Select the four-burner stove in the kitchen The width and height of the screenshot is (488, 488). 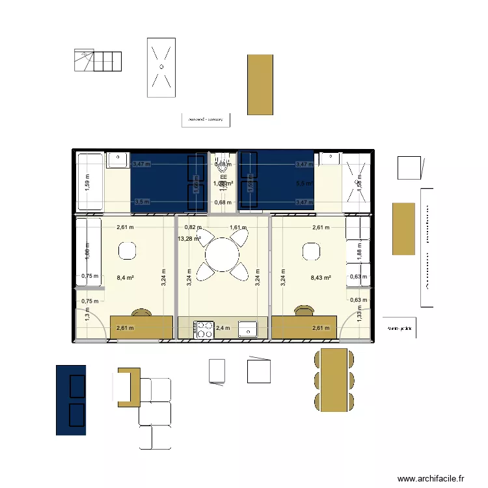205,329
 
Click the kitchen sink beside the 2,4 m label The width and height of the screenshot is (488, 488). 248,329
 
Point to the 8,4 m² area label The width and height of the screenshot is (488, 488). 125,278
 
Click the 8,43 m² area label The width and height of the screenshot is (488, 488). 321,278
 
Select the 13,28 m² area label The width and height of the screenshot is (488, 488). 189,239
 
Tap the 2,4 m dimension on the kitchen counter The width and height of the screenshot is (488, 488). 223,329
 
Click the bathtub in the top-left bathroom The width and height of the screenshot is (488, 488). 90,182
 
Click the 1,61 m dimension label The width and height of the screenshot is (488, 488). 238,228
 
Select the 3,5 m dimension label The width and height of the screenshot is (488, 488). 141,202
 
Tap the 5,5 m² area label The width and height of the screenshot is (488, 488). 304,183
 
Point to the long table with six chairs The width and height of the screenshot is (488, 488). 334,380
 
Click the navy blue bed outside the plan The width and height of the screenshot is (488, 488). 71,400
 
